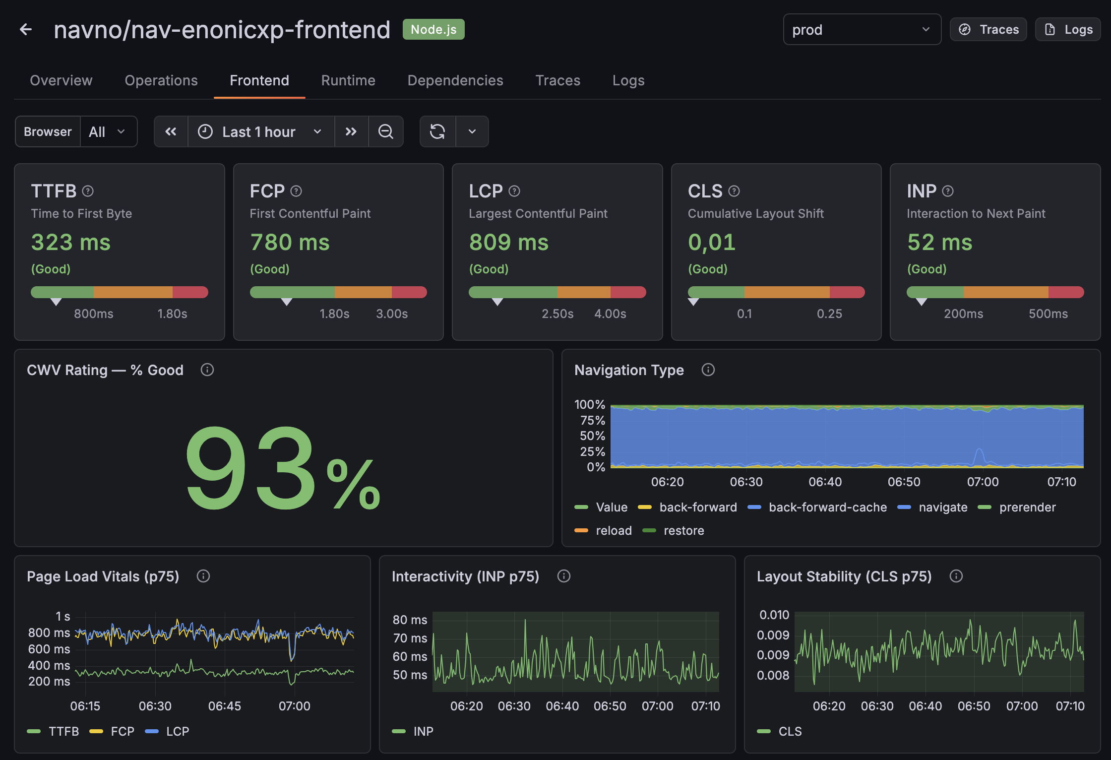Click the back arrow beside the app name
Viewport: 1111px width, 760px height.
(x=26, y=30)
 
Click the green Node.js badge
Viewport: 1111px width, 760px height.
(x=433, y=30)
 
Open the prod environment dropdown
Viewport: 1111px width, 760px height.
(x=862, y=30)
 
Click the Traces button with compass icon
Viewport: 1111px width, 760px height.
(x=988, y=30)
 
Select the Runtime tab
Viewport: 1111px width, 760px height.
(x=348, y=80)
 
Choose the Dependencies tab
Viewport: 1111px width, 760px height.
(x=455, y=80)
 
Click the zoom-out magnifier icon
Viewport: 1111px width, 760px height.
(x=385, y=131)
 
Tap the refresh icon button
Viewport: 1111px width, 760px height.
(x=437, y=131)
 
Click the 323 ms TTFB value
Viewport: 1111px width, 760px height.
(x=71, y=243)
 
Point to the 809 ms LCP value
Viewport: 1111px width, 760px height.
(x=509, y=243)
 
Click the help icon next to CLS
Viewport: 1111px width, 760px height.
(x=734, y=191)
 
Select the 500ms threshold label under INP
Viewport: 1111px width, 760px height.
(x=1048, y=314)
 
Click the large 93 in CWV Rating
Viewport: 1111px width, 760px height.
(x=250, y=469)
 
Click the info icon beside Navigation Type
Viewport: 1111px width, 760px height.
(x=708, y=370)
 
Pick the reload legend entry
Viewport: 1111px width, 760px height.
(x=613, y=530)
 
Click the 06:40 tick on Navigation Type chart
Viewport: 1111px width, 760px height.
(x=825, y=482)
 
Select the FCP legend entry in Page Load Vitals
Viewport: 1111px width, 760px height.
(x=122, y=731)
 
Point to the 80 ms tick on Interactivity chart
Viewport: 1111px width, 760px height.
(x=410, y=620)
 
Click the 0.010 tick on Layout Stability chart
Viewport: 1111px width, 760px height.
(x=774, y=615)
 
